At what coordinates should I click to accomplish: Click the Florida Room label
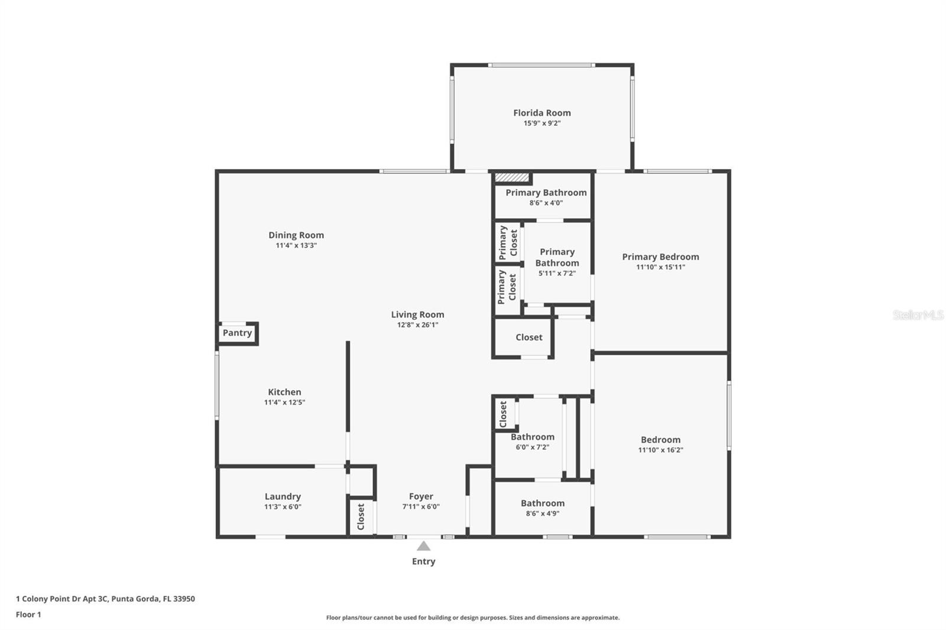click(542, 113)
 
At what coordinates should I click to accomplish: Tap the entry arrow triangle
click(423, 546)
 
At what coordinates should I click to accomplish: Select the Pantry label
click(237, 333)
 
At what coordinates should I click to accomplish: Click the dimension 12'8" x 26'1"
click(417, 325)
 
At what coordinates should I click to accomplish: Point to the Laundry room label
click(283, 496)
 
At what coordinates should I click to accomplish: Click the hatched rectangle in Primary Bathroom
click(511, 177)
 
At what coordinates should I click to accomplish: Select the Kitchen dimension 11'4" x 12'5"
click(284, 402)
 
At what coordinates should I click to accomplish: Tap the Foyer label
click(421, 496)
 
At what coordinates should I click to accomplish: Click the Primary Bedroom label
click(660, 256)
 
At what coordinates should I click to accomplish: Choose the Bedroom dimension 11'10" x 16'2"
click(660, 450)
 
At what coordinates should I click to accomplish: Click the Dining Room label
click(296, 235)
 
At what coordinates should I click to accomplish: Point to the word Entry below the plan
click(423, 561)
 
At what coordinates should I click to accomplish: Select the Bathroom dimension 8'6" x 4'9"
click(542, 514)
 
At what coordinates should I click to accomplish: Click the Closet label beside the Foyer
click(361, 517)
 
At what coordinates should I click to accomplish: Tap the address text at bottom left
click(105, 599)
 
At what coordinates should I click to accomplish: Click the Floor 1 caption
click(28, 615)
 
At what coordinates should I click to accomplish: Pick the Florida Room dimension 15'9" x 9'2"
click(542, 124)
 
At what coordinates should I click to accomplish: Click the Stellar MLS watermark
click(918, 315)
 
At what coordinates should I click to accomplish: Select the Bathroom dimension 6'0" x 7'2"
click(532, 447)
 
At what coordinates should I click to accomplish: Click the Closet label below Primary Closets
click(529, 337)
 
